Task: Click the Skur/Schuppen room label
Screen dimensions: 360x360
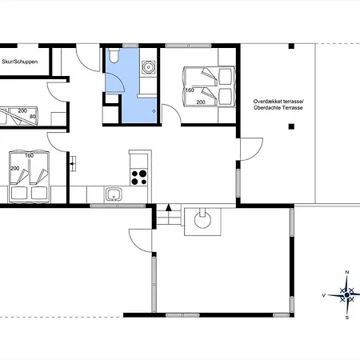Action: pyautogui.click(x=19, y=62)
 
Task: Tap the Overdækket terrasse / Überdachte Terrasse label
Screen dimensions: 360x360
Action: pyautogui.click(x=278, y=105)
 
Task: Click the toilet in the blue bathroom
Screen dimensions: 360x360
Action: pyautogui.click(x=114, y=55)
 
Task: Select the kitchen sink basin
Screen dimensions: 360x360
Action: pyautogui.click(x=114, y=194)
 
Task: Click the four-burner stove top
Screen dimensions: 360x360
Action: pyautogui.click(x=139, y=178)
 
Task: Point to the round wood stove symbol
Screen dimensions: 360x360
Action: pyautogui.click(x=202, y=220)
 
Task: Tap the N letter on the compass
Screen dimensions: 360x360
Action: pyautogui.click(x=347, y=272)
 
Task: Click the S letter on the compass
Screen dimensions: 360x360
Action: pyautogui.click(x=347, y=318)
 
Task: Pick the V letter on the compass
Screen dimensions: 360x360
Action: pyautogui.click(x=324, y=295)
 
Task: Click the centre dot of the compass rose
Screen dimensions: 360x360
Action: pyautogui.click(x=346, y=295)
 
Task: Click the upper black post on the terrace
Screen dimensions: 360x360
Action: pyautogui.click(x=291, y=46)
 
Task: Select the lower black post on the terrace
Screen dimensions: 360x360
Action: pyautogui.click(x=291, y=126)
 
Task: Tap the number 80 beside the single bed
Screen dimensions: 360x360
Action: pyautogui.click(x=33, y=117)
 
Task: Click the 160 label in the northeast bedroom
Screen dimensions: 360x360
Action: pyautogui.click(x=190, y=90)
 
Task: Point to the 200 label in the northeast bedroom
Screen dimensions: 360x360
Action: pyautogui.click(x=201, y=102)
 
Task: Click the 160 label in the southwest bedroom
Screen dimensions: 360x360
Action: pyautogui.click(x=30, y=155)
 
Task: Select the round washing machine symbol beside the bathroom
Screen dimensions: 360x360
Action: pyautogui.click(x=148, y=66)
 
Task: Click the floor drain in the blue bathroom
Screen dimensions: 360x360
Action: pyautogui.click(x=154, y=111)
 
